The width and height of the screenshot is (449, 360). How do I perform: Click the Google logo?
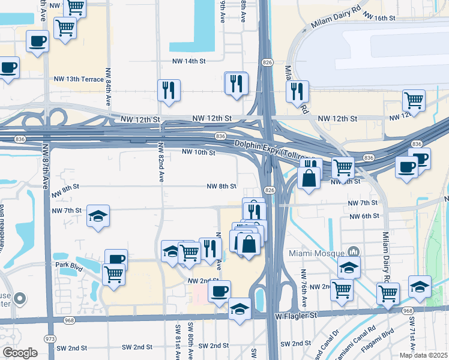(20, 353)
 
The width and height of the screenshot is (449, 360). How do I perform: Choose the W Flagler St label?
(295, 315)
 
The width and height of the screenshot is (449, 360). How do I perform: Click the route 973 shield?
(50, 339)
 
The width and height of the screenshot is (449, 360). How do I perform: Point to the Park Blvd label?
(68, 264)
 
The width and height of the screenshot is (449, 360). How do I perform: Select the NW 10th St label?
(198, 152)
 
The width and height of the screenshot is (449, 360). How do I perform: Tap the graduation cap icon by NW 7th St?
(98, 217)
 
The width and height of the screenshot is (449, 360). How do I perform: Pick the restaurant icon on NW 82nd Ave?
(168, 91)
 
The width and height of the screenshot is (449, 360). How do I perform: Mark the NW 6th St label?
(364, 216)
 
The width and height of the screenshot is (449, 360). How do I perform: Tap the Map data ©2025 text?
(424, 355)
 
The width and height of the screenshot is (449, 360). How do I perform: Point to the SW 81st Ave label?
(178, 342)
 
